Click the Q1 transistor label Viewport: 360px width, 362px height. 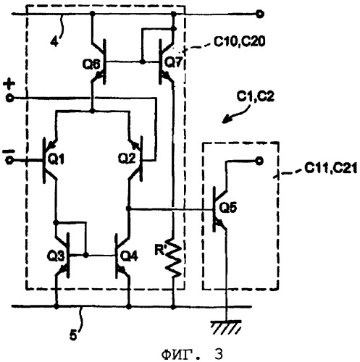click(56, 159)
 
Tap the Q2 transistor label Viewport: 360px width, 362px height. click(126, 159)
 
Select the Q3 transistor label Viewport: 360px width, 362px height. click(56, 256)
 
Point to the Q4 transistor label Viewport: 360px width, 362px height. click(129, 256)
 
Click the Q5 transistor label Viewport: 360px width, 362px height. click(229, 207)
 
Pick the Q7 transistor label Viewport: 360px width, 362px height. click(174, 62)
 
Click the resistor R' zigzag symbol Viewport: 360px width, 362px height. click(174, 258)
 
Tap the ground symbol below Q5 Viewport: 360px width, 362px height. click(226, 327)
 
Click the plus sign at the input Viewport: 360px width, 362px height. click(9, 84)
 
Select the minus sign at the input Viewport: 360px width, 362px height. click(9, 151)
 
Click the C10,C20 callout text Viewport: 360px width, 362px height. click(239, 41)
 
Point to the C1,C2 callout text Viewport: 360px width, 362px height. click(256, 96)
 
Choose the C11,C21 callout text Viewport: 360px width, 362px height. click(330, 168)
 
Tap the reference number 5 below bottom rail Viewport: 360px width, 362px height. click(73, 335)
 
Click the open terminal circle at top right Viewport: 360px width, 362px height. click(260, 14)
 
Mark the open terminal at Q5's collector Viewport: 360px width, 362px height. click(259, 161)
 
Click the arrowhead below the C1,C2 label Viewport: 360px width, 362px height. click(225, 119)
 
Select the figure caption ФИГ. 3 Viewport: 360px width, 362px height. click(192, 354)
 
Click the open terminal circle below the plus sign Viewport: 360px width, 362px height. click(9, 98)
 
